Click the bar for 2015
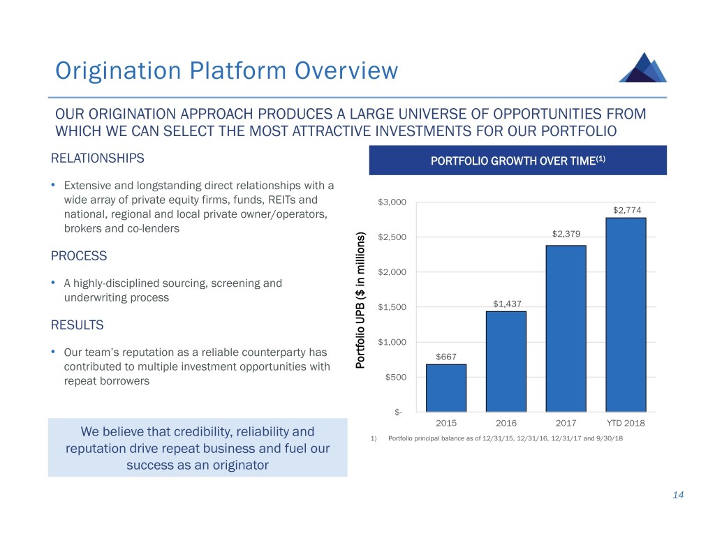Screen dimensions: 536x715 pos(445,387)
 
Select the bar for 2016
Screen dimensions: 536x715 pos(506,361)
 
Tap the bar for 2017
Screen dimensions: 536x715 pos(566,328)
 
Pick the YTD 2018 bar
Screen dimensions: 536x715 pos(626,314)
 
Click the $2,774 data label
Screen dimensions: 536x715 pos(626,210)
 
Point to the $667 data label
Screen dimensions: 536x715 pos(445,357)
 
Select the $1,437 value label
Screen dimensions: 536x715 pos(506,304)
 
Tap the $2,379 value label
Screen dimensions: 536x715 pos(566,234)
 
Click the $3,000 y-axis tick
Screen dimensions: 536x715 pos(390,203)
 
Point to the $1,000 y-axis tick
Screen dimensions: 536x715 pos(390,342)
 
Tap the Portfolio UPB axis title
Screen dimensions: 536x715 pos(361,301)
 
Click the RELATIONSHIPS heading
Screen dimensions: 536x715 pos(98,158)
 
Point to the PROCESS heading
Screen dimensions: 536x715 pos(79,255)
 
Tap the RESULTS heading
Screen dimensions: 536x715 pos(78,325)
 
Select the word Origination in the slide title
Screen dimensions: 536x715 pos(110,70)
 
